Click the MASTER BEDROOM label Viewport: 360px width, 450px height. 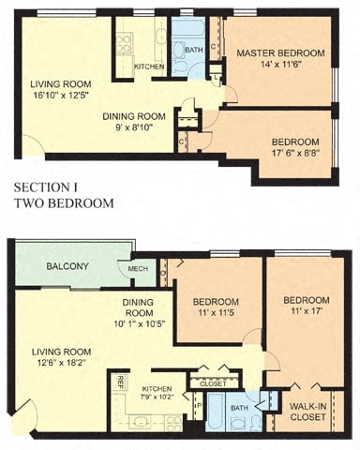(279, 52)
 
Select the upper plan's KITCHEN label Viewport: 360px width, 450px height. (149, 67)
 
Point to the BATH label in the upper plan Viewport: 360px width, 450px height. (193, 49)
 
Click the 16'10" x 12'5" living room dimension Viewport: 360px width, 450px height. (63, 95)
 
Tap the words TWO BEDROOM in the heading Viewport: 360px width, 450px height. (64, 202)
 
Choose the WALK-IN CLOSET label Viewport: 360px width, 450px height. (308, 412)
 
